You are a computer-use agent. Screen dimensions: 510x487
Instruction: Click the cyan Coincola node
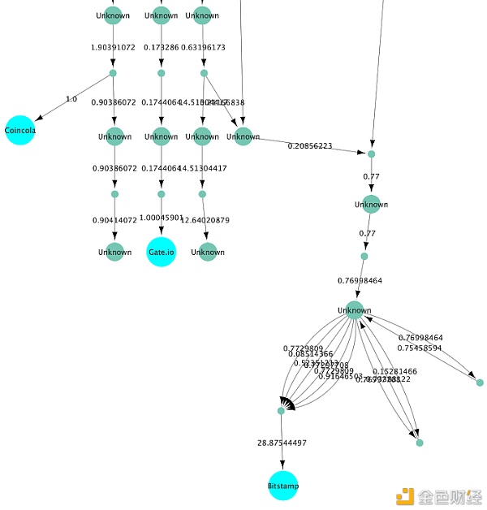[x=19, y=130]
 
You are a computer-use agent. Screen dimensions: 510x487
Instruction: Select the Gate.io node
[x=161, y=252]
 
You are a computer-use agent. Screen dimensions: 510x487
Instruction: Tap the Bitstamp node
[x=283, y=486]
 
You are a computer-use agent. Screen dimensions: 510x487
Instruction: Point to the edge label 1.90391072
[x=113, y=47]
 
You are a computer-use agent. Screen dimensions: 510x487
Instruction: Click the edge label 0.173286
[x=161, y=47]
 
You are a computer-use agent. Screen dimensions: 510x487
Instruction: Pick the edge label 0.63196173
[x=203, y=47]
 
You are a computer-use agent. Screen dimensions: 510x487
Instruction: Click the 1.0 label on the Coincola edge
[x=71, y=99]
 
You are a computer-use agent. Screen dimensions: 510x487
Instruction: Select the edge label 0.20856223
[x=310, y=145]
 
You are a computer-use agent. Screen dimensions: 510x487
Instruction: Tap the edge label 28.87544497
[x=282, y=443]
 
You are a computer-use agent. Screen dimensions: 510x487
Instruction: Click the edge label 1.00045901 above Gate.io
[x=162, y=218]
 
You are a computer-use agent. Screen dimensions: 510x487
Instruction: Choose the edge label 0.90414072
[x=114, y=220]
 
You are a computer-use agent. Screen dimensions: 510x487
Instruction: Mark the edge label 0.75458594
[x=420, y=348]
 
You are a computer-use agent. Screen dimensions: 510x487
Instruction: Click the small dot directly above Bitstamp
[x=281, y=411]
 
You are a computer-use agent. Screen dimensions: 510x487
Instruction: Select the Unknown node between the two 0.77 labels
[x=371, y=204]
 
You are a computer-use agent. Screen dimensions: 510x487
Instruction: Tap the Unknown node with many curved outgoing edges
[x=355, y=309]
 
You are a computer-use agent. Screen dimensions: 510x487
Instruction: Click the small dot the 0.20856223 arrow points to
[x=371, y=153]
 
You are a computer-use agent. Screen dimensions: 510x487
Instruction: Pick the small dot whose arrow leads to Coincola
[x=113, y=74]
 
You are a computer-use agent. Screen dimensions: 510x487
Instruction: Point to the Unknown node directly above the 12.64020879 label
[x=202, y=136]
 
